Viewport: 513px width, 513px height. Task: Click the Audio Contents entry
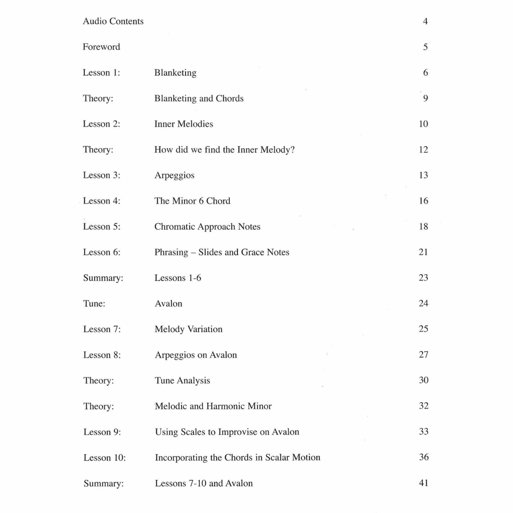(x=113, y=21)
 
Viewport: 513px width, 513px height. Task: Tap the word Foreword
(x=101, y=47)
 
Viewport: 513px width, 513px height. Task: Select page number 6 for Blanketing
(x=425, y=73)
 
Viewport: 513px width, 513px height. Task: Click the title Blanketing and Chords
(x=199, y=98)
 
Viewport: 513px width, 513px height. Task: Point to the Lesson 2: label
(x=102, y=124)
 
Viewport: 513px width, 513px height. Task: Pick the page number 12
(x=423, y=150)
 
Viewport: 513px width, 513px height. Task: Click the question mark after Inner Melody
(x=293, y=150)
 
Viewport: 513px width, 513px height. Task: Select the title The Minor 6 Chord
(x=192, y=201)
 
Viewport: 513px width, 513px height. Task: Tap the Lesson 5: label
(x=102, y=227)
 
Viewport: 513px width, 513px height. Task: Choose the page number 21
(x=423, y=252)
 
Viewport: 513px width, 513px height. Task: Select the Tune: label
(x=94, y=304)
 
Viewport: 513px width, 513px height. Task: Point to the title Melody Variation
(x=188, y=329)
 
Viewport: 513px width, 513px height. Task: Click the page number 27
(x=423, y=355)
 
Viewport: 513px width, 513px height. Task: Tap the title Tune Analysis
(x=182, y=380)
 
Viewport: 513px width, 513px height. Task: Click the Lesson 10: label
(x=104, y=458)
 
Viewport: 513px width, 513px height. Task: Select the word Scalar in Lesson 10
(x=277, y=457)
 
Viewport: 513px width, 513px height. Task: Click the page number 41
(x=423, y=483)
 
